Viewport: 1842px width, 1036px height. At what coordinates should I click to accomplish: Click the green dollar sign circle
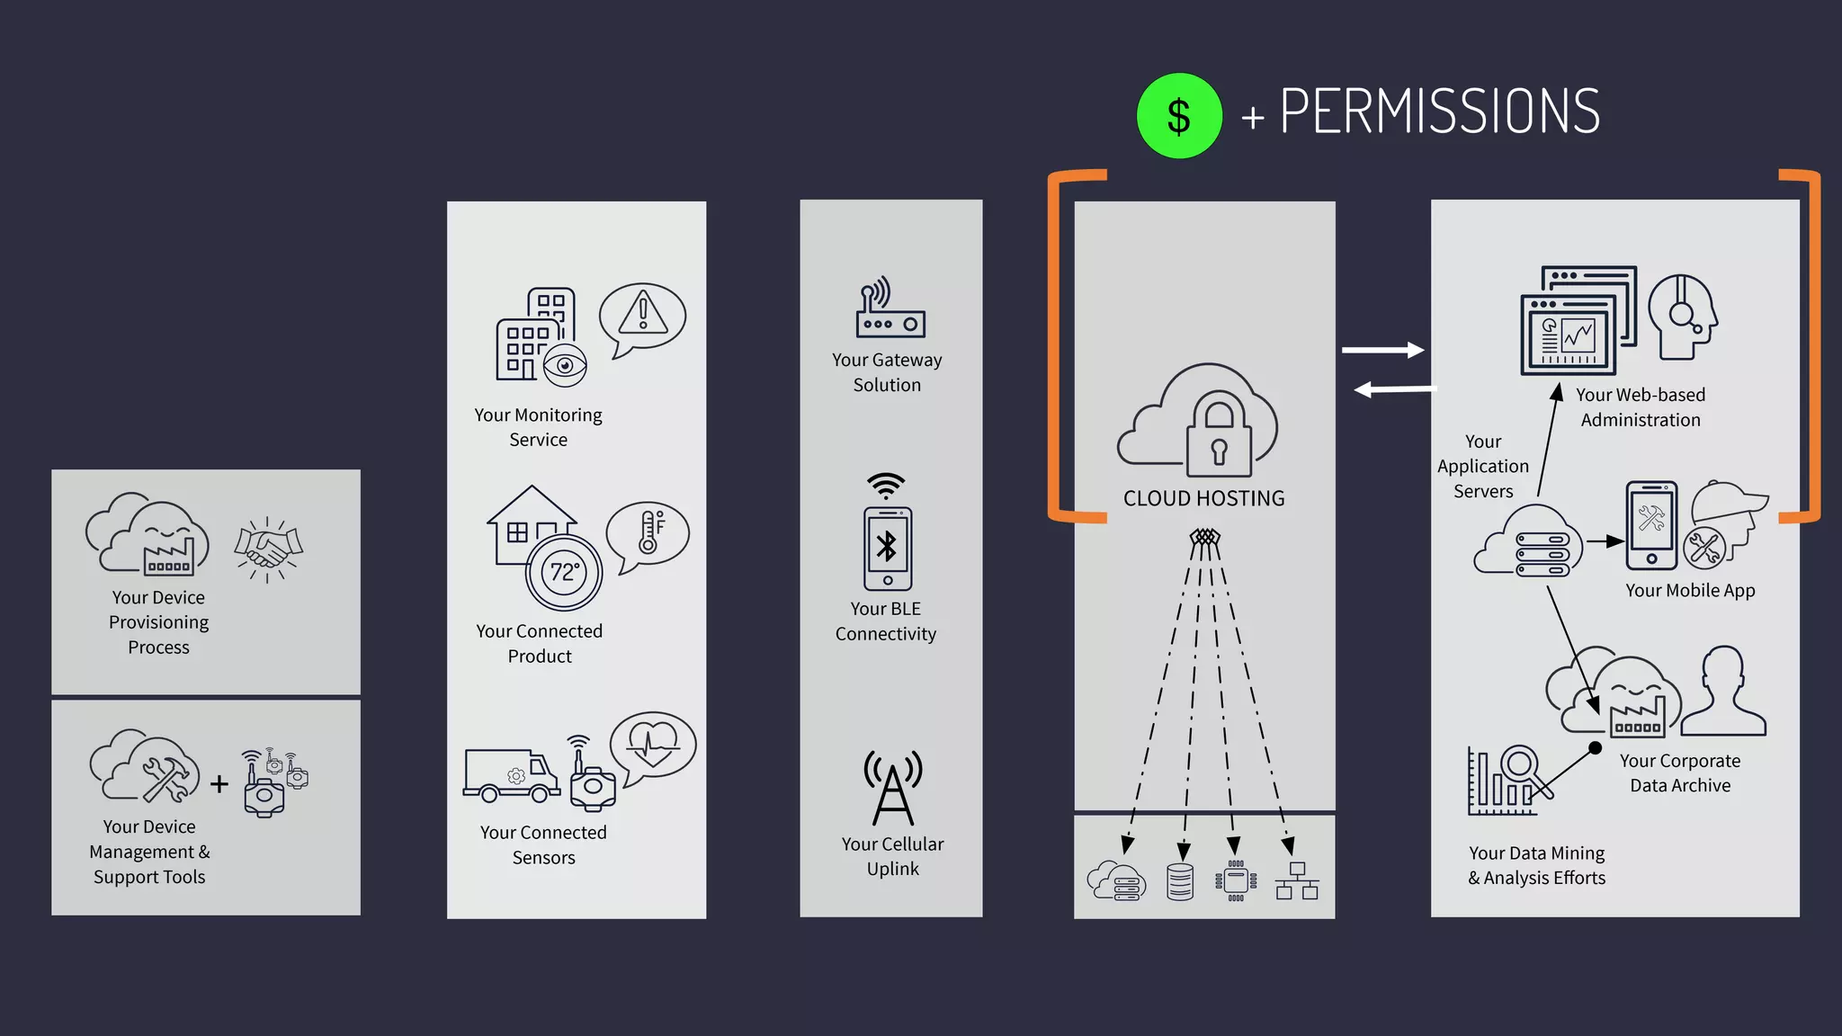coord(1178,116)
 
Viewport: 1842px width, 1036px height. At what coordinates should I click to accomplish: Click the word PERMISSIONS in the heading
coord(1439,112)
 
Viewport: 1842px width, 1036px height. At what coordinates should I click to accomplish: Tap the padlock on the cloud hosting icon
coord(1219,438)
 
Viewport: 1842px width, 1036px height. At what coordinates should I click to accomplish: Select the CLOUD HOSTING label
coord(1203,498)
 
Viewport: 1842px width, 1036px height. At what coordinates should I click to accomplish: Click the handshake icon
coord(268,548)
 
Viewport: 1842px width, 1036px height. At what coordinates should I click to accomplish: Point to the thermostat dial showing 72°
coord(564,573)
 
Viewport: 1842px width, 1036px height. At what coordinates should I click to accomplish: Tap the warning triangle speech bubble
coord(642,317)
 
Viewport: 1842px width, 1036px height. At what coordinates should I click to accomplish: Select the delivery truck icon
coord(511,774)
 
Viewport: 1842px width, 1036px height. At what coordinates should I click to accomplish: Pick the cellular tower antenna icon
coord(892,788)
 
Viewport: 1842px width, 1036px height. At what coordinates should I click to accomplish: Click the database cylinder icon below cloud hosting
coord(1179,881)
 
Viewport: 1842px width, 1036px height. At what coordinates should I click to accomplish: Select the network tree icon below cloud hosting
coord(1297,881)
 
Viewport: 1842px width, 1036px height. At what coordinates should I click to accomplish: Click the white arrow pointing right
coord(1382,350)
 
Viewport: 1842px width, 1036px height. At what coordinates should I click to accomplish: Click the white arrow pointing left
coord(1395,389)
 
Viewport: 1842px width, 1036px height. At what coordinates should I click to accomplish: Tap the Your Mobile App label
coord(1690,591)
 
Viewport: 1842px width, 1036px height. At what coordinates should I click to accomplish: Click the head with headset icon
coord(1682,317)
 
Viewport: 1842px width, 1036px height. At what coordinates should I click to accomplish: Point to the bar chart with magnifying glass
coord(1510,780)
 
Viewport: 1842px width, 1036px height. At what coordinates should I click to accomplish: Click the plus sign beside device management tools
coord(219,784)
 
